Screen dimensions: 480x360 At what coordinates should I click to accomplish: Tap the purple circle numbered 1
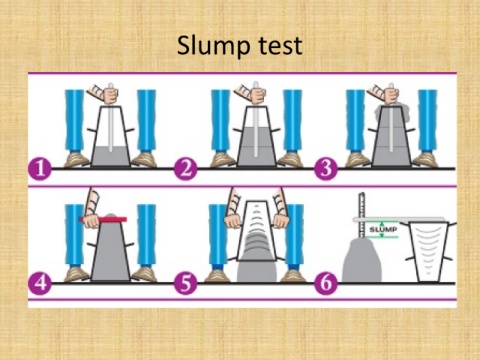pos(40,169)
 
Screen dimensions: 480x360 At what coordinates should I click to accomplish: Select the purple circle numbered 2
pos(186,169)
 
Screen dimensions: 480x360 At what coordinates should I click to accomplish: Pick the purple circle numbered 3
pos(326,169)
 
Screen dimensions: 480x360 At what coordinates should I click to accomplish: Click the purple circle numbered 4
pos(40,283)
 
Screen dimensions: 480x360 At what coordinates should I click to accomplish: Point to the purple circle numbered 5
pos(186,283)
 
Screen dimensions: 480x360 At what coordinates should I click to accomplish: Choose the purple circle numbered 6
pos(326,283)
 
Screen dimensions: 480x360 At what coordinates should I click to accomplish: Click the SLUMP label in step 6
pos(383,229)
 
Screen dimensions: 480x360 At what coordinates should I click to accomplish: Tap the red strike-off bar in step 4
pos(103,219)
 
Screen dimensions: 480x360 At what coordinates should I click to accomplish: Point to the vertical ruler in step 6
pos(361,215)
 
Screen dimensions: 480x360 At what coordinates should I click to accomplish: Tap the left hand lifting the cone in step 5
pos(233,221)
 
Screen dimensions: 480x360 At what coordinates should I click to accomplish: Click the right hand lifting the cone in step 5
pos(281,221)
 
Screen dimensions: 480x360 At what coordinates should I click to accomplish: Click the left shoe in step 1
pos(76,160)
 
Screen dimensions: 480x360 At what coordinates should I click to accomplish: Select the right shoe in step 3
pos(426,160)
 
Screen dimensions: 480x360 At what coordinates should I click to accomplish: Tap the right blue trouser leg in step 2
pos(293,121)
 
